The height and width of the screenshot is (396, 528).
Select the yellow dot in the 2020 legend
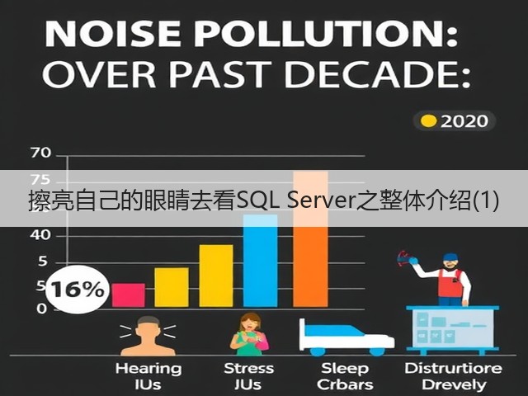click(429, 121)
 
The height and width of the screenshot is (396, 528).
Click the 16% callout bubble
click(77, 290)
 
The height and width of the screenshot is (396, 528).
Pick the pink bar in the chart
click(129, 295)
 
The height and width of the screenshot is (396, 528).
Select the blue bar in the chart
click(261, 261)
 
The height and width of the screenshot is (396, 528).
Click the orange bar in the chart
click(310, 239)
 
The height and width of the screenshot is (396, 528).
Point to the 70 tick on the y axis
click(40, 153)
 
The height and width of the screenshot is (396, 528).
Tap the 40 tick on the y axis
click(40, 234)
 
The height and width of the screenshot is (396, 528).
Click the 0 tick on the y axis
click(42, 309)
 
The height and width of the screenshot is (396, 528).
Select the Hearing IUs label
click(148, 376)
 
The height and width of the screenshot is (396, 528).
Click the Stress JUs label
click(248, 376)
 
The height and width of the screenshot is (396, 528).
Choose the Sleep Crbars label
click(345, 376)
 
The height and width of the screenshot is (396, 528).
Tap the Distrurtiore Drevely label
click(453, 376)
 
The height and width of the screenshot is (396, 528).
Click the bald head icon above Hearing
click(148, 336)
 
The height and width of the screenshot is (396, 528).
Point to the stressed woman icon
click(249, 334)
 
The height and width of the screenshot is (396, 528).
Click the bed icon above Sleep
click(346, 337)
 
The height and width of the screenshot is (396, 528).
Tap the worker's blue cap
click(450, 257)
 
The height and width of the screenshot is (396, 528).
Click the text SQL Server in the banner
click(296, 200)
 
